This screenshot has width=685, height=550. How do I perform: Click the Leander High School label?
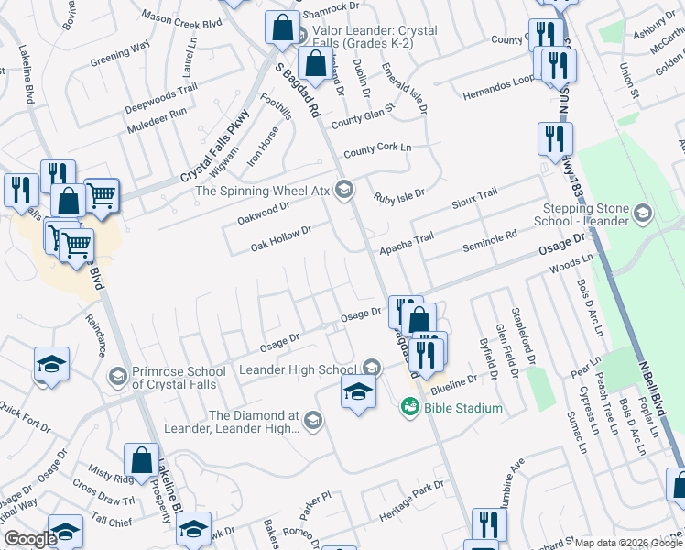(299, 368)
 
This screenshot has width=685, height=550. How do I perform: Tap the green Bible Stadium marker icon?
(409, 407)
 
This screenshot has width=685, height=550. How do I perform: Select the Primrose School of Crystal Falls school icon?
(117, 377)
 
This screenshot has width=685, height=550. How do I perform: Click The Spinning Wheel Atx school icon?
(344, 191)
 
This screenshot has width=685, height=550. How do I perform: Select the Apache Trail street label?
(407, 237)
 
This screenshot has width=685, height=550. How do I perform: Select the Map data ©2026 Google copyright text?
(627, 543)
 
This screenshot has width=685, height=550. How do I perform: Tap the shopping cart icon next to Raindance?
(77, 245)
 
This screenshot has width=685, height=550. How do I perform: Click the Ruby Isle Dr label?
(399, 194)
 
